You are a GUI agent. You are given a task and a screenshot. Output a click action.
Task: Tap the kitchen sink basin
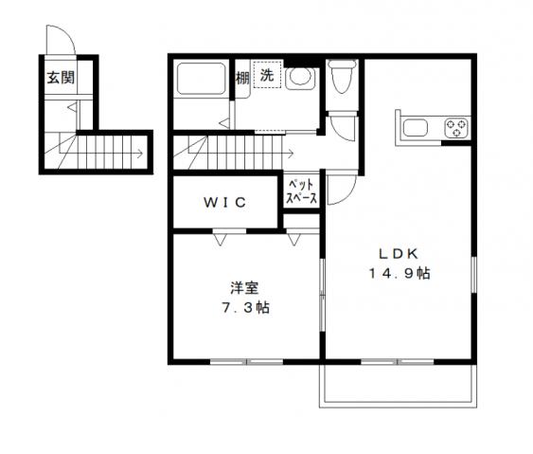[418, 128]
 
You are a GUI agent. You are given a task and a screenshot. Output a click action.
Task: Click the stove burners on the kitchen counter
[457, 128]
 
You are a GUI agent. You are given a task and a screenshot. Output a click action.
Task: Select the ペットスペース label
[302, 191]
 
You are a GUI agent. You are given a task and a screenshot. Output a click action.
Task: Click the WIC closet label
[225, 201]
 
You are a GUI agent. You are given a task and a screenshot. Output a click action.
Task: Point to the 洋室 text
[243, 287]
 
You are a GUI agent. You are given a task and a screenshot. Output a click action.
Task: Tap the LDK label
[399, 253]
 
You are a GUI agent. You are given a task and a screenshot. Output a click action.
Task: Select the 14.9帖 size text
[400, 274]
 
